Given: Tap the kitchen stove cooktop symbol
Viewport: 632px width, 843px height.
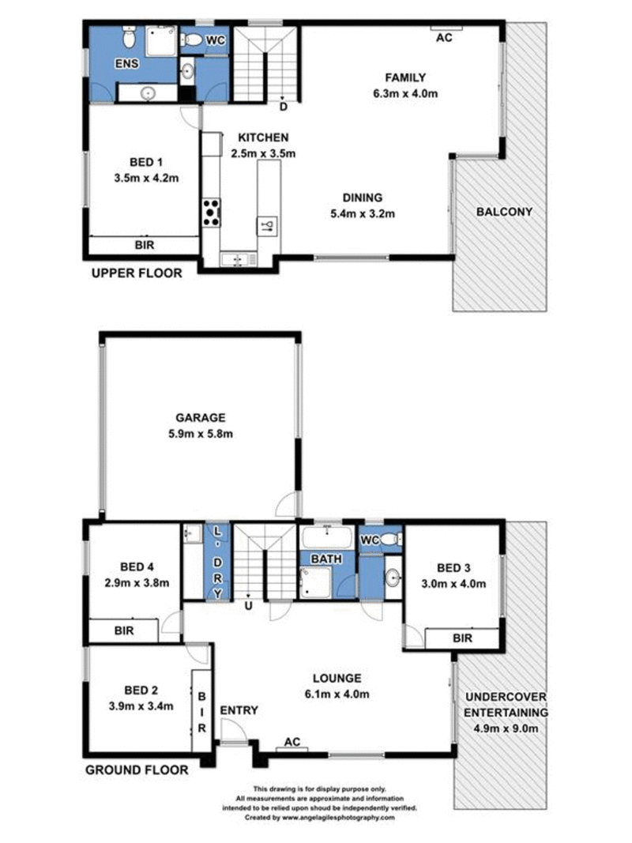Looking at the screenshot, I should (212, 211).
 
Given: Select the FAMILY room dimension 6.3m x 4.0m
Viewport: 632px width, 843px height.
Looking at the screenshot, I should (405, 93).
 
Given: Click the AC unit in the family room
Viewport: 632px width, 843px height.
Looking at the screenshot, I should (444, 36).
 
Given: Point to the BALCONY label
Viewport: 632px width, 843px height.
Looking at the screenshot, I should (504, 212).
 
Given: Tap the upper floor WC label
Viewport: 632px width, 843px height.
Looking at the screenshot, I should (215, 40).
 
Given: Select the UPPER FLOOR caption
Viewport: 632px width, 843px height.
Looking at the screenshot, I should (137, 273).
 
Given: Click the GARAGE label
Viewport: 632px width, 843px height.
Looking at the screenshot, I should (201, 418).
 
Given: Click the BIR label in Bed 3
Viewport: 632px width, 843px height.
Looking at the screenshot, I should (463, 637).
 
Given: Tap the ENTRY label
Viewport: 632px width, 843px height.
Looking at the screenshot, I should (239, 710).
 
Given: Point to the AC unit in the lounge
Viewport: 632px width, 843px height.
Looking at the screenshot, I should (292, 743).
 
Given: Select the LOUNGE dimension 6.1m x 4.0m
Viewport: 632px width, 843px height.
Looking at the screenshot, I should (337, 694).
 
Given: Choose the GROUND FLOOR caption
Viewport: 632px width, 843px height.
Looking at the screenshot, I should (137, 770).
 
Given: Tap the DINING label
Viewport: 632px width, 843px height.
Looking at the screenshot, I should (362, 198).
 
